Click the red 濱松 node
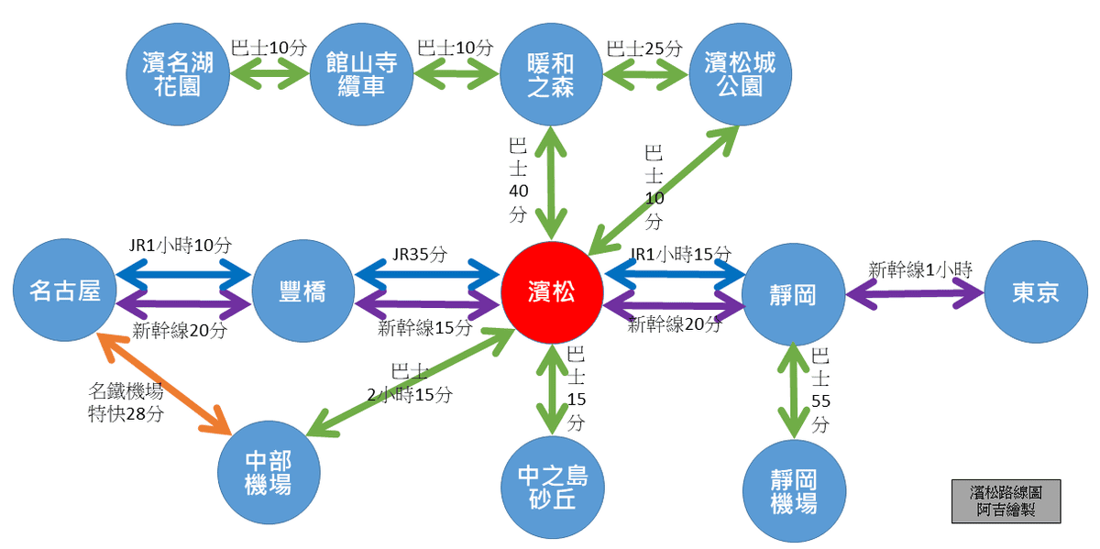(x=552, y=292)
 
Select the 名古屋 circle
(x=65, y=291)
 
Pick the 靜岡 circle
(x=792, y=293)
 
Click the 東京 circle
(x=1036, y=292)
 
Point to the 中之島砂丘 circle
(x=553, y=489)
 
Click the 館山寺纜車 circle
(x=361, y=75)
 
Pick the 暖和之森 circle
(x=552, y=75)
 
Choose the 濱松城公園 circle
(x=740, y=75)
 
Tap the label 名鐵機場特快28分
(x=127, y=401)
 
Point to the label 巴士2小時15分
(x=409, y=384)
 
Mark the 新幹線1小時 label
(x=919, y=269)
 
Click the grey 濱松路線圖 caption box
(x=1006, y=500)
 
